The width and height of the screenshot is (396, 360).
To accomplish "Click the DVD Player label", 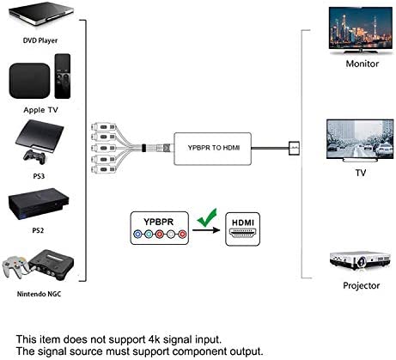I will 40,40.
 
